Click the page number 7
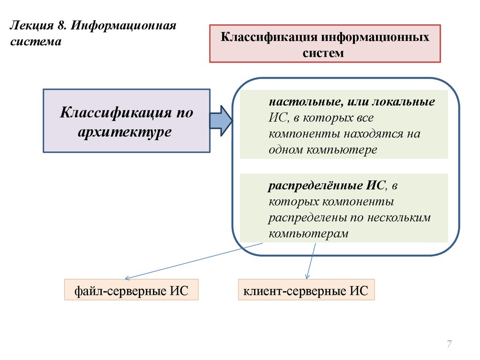[x=449, y=345]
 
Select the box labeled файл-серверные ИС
[x=131, y=290]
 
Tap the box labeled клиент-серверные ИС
[x=306, y=290]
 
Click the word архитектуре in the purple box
[x=125, y=131]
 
